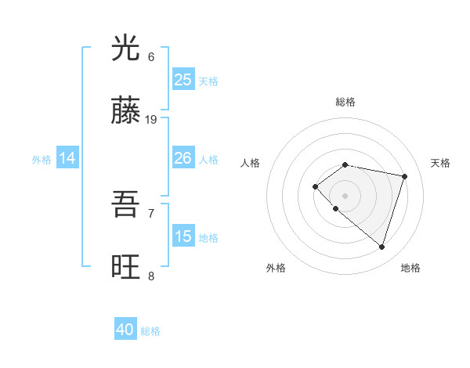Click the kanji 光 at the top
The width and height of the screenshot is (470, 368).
click(x=125, y=49)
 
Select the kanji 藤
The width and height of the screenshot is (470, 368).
click(x=125, y=111)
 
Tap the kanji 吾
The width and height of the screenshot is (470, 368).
click(x=125, y=205)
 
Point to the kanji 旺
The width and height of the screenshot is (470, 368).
click(x=125, y=267)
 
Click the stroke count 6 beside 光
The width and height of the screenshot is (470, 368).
click(x=151, y=57)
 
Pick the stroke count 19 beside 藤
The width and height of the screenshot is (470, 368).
click(x=151, y=120)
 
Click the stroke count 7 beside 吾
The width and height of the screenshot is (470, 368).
click(x=151, y=213)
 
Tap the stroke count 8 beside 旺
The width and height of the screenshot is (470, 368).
click(x=151, y=276)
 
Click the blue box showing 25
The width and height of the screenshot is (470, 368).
click(x=183, y=80)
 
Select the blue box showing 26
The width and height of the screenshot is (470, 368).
click(x=183, y=158)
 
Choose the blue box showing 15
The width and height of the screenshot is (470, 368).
click(x=183, y=236)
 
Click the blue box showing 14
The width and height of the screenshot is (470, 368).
click(x=67, y=159)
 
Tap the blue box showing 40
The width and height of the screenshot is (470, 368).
click(x=125, y=330)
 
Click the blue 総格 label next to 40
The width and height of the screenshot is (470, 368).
click(x=150, y=331)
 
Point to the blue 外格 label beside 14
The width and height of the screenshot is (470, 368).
click(x=42, y=160)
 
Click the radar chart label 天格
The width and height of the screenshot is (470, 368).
click(x=441, y=163)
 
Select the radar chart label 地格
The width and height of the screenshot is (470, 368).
click(x=410, y=268)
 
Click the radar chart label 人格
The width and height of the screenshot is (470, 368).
click(x=251, y=163)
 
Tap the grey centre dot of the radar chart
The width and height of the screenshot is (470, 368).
click(x=345, y=195)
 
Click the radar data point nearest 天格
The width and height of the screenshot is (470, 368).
click(x=404, y=176)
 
